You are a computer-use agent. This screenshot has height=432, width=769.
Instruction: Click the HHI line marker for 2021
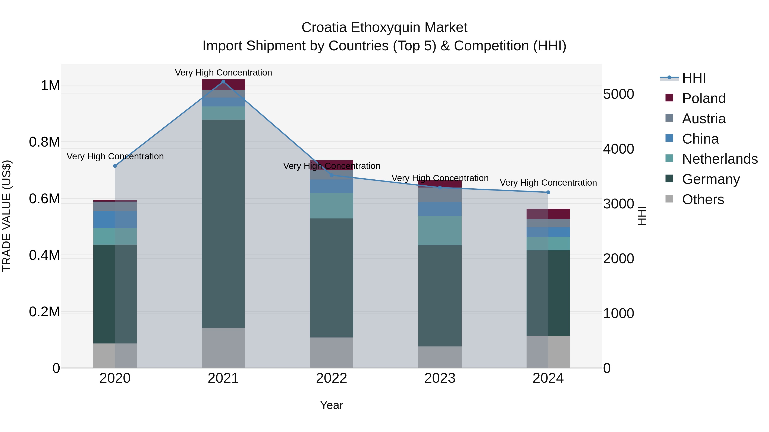(x=223, y=82)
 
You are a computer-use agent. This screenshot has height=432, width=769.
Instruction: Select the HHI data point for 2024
(x=548, y=192)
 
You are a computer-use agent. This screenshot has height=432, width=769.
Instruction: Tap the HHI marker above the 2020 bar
(x=115, y=166)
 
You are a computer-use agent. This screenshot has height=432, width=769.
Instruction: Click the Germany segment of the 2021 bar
(x=223, y=224)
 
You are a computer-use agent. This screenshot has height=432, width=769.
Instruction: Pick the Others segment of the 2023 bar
(x=440, y=357)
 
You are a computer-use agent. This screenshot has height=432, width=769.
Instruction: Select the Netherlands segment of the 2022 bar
(x=331, y=206)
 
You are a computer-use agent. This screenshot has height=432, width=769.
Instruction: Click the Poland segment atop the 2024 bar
(x=548, y=214)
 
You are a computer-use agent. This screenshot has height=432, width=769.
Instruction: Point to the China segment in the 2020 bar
(x=115, y=220)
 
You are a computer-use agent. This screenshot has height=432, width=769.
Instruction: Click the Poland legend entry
(x=704, y=98)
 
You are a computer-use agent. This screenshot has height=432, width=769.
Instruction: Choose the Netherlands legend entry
(x=720, y=159)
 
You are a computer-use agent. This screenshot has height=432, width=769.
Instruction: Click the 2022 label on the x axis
(x=331, y=378)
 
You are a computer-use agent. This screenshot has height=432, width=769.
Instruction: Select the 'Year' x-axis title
(x=331, y=405)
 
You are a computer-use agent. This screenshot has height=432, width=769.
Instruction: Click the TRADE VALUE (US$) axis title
(x=7, y=216)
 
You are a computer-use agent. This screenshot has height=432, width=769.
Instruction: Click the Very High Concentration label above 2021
(x=223, y=73)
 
